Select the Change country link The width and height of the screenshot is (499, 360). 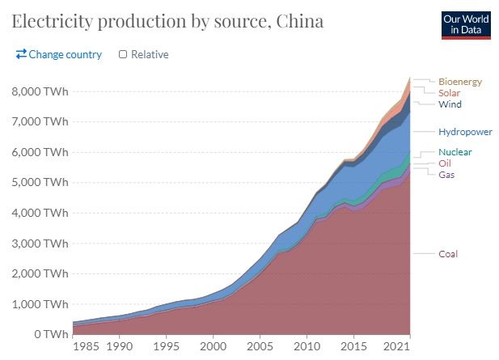click(58, 54)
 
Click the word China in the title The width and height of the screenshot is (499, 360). click(297, 21)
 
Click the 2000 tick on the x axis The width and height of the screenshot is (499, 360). click(214, 348)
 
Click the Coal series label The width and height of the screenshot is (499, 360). click(448, 254)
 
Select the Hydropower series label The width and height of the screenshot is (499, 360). click(465, 132)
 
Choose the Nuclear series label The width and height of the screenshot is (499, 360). click(455, 152)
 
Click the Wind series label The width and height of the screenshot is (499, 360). click(450, 104)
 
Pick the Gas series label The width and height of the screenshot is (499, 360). click(447, 175)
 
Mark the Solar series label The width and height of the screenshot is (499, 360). click(449, 93)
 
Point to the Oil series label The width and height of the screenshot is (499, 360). click(445, 163)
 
